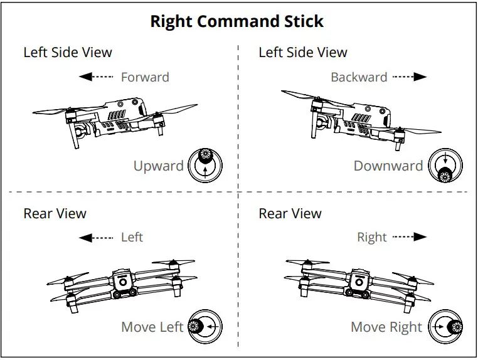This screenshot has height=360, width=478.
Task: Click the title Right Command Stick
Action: point(237,21)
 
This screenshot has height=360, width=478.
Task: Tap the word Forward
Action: point(145,77)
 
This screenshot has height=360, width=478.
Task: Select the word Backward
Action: point(359,77)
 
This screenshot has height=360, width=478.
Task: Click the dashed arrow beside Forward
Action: point(95,77)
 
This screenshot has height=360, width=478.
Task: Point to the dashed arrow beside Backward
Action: point(410,77)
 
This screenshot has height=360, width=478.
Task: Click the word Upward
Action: point(158,166)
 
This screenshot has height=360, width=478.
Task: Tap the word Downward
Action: point(388,166)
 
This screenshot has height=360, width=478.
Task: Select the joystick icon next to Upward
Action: point(204,166)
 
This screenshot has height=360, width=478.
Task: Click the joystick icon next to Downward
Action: point(445,167)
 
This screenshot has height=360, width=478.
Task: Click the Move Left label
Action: point(152,327)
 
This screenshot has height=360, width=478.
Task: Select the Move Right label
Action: point(386,327)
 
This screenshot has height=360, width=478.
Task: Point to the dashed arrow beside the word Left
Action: point(95,238)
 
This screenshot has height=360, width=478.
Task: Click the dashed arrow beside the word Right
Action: point(410,238)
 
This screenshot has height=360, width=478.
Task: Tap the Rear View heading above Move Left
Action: point(55,213)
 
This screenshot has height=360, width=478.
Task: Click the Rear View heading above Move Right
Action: point(290,213)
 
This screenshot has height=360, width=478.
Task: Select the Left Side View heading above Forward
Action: point(68,52)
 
